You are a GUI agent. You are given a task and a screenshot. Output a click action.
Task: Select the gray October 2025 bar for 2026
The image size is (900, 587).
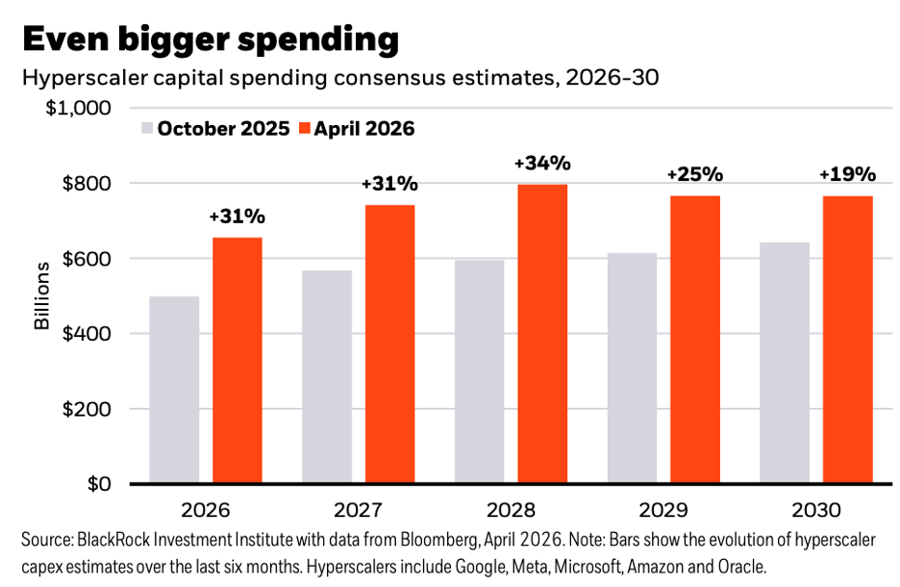coord(174,389)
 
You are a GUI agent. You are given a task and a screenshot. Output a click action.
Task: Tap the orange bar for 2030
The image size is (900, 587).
coord(847,339)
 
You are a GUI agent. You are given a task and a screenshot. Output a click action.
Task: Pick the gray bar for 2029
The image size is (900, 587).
coord(632,368)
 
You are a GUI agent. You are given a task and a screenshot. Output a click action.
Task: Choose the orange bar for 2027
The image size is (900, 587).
coord(389,344)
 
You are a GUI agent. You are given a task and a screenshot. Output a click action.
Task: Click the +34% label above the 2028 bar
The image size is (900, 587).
coord(542,164)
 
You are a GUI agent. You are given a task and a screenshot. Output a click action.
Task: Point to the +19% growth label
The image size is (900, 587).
coord(847,174)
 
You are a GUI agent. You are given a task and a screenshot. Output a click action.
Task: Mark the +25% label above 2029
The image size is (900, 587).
coord(694,175)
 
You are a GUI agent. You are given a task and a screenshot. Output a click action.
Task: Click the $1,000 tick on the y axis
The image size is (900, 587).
coord(80,108)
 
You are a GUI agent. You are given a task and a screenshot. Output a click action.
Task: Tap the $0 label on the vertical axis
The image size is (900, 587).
coord(97,484)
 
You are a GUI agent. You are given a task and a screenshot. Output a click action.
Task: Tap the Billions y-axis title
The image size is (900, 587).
coord(42,295)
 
